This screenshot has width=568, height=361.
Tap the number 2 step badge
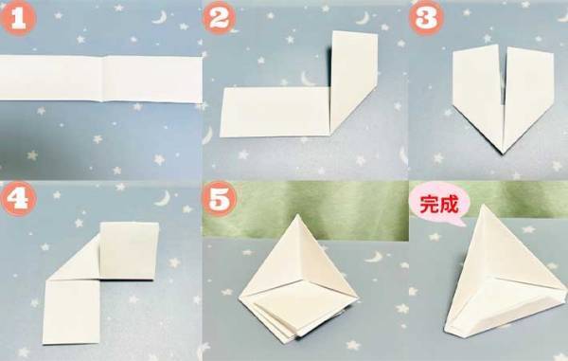(221, 20)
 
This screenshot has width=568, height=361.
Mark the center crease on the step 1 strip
(106, 79)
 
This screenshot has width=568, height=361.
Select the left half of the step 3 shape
(475, 95)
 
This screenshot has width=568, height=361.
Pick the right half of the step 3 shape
(525, 95)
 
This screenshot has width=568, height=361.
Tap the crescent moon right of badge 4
(162, 199)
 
